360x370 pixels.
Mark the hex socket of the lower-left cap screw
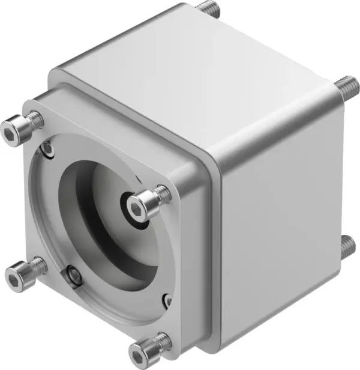pos(12,277)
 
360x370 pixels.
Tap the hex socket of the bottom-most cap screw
pos(142,350)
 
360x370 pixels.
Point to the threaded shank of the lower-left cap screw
pos(37,264)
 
